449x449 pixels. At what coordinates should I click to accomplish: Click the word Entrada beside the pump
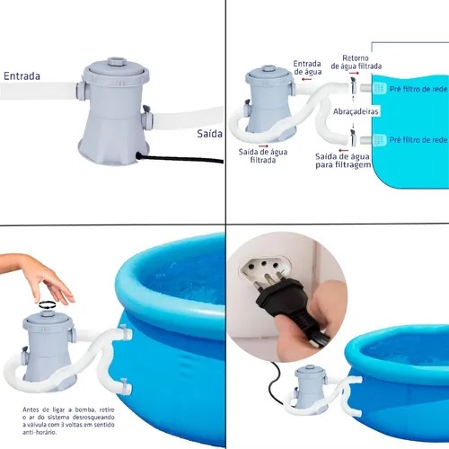point(22,76)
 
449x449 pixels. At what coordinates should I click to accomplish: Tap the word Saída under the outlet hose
point(209,134)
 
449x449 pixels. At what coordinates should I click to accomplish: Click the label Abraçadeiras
point(356,111)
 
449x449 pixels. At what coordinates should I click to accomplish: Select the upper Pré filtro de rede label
point(418,89)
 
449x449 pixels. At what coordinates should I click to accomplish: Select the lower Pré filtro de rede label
point(418,139)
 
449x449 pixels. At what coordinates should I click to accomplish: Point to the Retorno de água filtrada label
point(357,62)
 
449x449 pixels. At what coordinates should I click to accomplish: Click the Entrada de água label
point(307,67)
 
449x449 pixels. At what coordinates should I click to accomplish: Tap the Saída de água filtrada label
point(263,156)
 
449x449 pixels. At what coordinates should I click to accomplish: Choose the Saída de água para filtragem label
point(343,161)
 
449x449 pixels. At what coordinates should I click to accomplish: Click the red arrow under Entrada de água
point(306,79)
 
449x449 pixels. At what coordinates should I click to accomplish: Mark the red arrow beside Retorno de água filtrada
point(354,73)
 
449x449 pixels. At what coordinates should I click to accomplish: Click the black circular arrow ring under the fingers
point(48,304)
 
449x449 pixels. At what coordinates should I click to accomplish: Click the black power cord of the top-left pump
point(180,158)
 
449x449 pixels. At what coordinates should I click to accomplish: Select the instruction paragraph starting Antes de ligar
point(68,421)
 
